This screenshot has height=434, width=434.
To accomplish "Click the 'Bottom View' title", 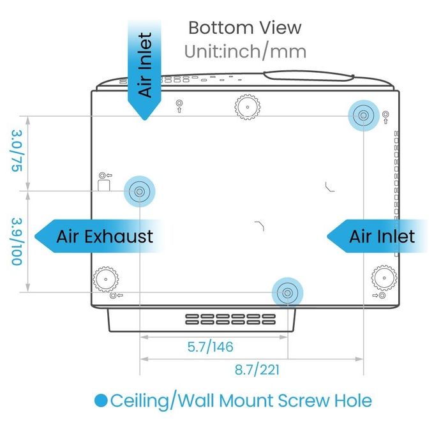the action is [x=244, y=28].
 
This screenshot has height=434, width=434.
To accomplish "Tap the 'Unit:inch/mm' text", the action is [x=245, y=52].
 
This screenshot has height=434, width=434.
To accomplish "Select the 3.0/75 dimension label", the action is [x=17, y=151].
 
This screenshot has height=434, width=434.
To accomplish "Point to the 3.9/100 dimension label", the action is [x=17, y=242].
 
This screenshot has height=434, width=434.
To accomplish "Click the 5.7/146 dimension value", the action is [x=211, y=347].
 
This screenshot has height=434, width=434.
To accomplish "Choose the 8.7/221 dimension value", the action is [x=257, y=370].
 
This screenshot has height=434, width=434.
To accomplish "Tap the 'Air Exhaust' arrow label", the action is [x=100, y=236].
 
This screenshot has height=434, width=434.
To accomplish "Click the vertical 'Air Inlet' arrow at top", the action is [x=144, y=69].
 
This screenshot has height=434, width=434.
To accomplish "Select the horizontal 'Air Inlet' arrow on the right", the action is [x=377, y=236].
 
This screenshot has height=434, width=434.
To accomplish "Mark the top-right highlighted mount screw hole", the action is [x=363, y=116].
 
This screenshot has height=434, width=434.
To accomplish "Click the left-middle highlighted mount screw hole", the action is [x=140, y=191].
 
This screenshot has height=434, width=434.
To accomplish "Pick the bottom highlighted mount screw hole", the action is [x=288, y=293].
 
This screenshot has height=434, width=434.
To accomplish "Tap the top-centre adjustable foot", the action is [x=248, y=107].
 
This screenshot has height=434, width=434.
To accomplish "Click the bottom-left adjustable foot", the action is [x=106, y=280].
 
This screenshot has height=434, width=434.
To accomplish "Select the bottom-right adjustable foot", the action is [x=384, y=278].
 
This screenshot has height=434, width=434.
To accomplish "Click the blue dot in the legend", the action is [x=101, y=401].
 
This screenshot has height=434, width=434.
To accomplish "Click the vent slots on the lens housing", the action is [x=230, y=319].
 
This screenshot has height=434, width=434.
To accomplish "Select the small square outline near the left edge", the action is [x=104, y=185].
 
